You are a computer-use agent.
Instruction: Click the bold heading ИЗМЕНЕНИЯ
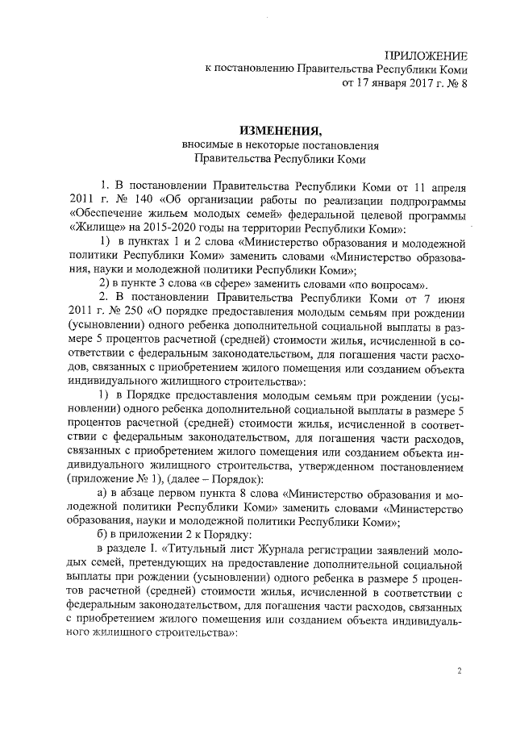point(279,131)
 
